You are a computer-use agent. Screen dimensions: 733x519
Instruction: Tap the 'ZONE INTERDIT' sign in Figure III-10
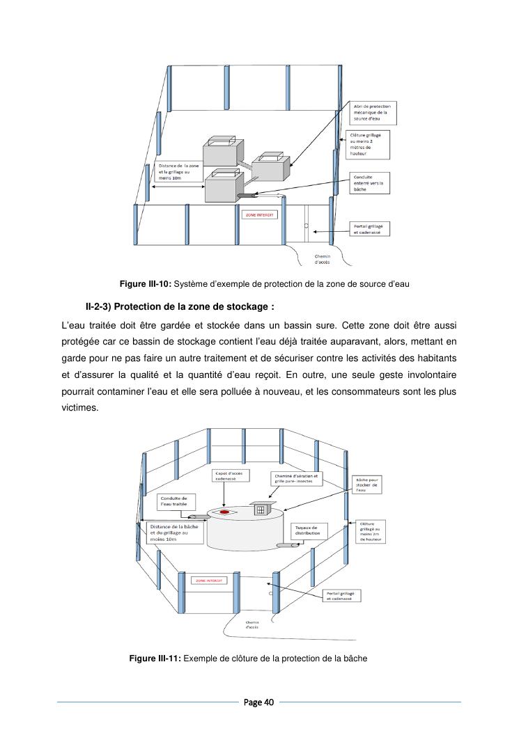pos(260,214)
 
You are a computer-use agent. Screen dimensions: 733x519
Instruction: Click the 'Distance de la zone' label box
pos(176,171)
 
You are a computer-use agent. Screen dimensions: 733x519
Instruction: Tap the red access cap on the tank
pos(225,512)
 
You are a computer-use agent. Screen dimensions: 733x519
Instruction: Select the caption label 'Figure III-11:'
pos(155,659)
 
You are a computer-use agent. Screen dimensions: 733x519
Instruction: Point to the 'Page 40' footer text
pos(259,702)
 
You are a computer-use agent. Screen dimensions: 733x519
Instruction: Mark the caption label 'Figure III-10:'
pos(145,284)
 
